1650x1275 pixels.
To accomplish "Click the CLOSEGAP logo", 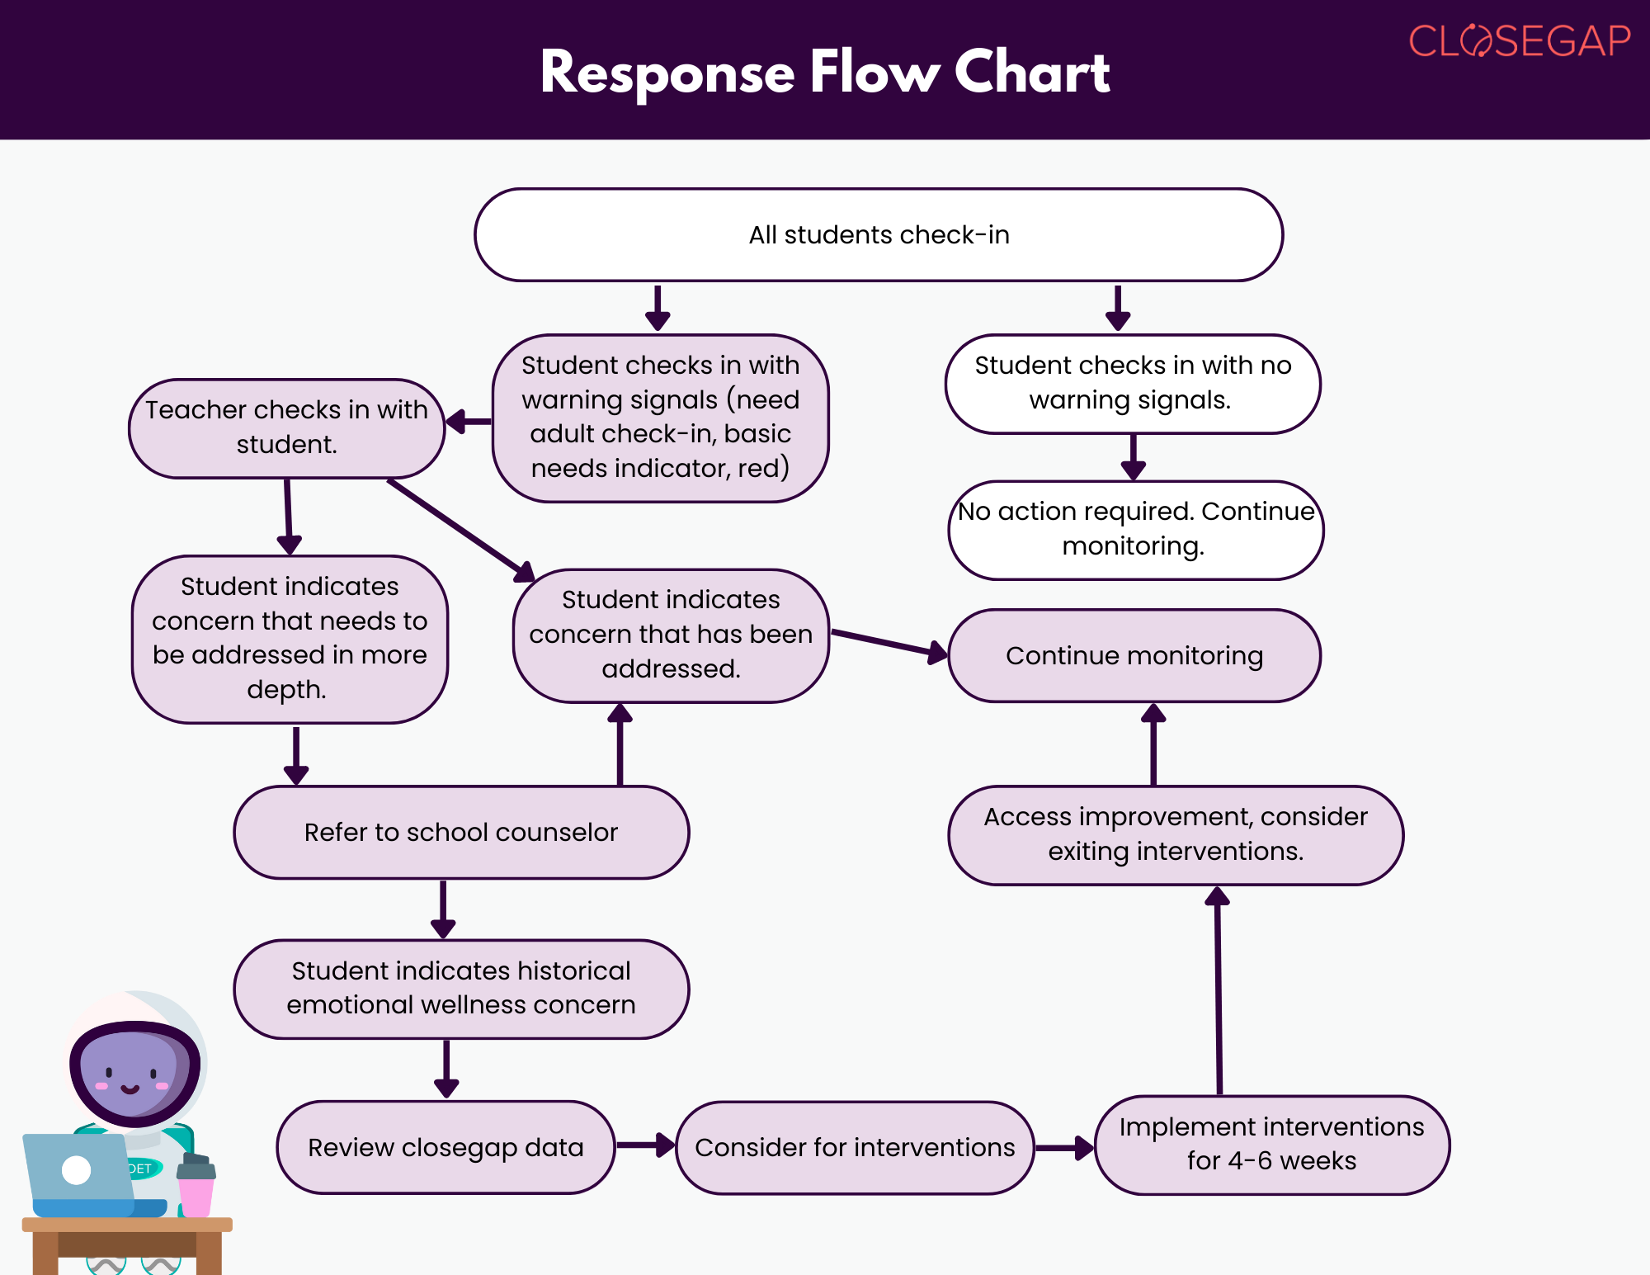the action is coord(1520,40).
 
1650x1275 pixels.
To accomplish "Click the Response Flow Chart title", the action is coord(825,72).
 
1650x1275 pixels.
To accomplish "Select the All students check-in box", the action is coord(879,235).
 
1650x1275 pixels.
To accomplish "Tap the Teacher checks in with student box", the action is coord(287,428).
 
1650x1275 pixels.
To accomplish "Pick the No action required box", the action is coord(1136,530).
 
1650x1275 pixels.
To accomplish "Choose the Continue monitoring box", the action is coord(1134,656).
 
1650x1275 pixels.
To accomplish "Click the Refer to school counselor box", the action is coord(461,832).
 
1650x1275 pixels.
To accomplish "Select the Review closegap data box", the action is coord(446,1147).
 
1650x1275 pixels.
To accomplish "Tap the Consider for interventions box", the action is coord(855,1147).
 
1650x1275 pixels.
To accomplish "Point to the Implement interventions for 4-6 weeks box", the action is coord(1272,1145).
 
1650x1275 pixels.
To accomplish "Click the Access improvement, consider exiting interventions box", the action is coord(1176,835).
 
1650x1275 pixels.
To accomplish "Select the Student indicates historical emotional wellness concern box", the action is coord(461,989).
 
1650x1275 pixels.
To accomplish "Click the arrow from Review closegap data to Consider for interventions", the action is coord(646,1145).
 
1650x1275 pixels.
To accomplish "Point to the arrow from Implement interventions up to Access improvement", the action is coord(1219,990).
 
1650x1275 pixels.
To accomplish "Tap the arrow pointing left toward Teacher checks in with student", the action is coord(469,423).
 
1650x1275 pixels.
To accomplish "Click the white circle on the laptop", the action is coord(77,1169).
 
